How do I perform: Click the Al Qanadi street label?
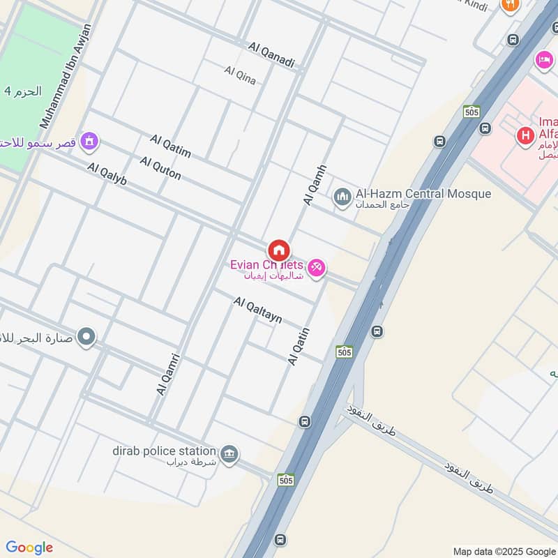(x=271, y=55)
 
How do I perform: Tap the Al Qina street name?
(x=240, y=75)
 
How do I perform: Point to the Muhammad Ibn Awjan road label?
(x=66, y=77)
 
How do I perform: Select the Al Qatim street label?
(x=170, y=147)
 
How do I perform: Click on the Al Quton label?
(x=160, y=168)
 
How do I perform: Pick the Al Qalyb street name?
(x=107, y=174)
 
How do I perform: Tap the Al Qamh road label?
(x=315, y=184)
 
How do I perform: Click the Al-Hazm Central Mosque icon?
(x=342, y=198)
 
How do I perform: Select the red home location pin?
(x=278, y=250)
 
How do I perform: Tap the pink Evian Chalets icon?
(x=317, y=268)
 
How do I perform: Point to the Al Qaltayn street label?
(x=258, y=310)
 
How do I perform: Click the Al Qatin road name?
(x=298, y=347)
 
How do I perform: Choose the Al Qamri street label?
(x=169, y=375)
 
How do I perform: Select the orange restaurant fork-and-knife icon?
(x=510, y=4)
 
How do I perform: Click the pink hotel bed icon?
(x=544, y=61)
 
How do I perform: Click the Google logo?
(x=29, y=548)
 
